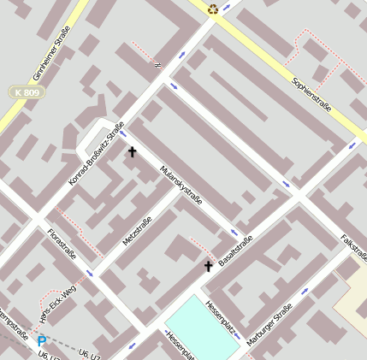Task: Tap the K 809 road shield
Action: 27,91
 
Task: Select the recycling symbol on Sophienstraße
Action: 213,9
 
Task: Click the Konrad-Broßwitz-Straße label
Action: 96,155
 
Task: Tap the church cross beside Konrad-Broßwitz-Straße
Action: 132,152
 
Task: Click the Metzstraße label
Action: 137,231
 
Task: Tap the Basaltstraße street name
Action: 235,250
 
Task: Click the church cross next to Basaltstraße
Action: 208,266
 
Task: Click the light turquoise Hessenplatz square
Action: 202,330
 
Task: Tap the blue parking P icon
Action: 41,341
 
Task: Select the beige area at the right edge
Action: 352,299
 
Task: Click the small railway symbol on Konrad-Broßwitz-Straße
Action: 157,63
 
